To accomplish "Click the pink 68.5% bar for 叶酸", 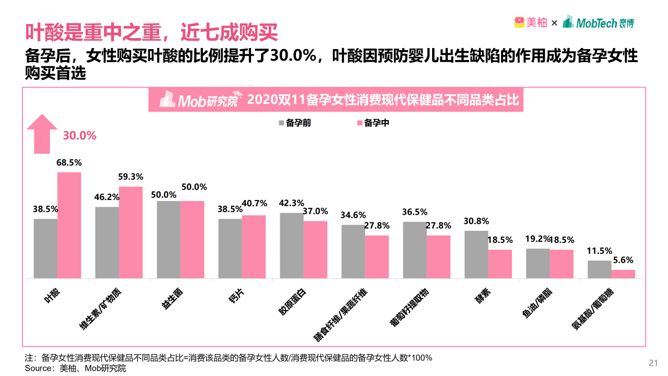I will pyautogui.click(x=69, y=225).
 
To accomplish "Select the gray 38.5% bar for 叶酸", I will pyautogui.click(x=45, y=248).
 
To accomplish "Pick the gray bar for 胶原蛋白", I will pyautogui.click(x=291, y=245).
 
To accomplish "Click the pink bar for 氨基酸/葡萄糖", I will pyautogui.click(x=623, y=274).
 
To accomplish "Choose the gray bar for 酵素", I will pyautogui.click(x=476, y=254).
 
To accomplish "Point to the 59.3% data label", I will pyautogui.click(x=130, y=177).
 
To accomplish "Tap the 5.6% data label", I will pyautogui.click(x=623, y=260).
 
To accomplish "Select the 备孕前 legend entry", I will pyautogui.click(x=295, y=123).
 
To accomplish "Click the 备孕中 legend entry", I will pyautogui.click(x=373, y=123).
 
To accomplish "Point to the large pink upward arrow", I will pyautogui.click(x=42, y=134).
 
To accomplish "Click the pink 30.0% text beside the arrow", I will pyautogui.click(x=80, y=136).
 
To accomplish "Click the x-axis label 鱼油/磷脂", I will pyautogui.click(x=538, y=303).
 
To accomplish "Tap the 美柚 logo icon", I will pyautogui.click(x=519, y=22).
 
